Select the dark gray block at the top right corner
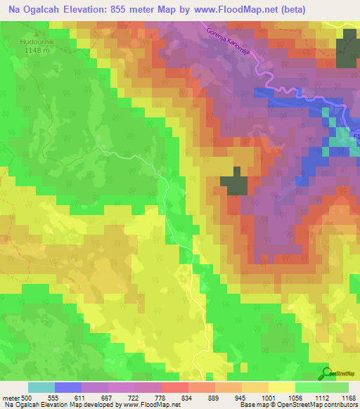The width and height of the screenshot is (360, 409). tap(347, 52)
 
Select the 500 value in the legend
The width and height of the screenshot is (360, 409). tap(26, 397)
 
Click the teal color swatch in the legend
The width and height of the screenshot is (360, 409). tap(41, 387)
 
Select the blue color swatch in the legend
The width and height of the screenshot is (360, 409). tap(68, 387)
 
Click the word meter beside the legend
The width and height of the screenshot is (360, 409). tap(10, 397)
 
